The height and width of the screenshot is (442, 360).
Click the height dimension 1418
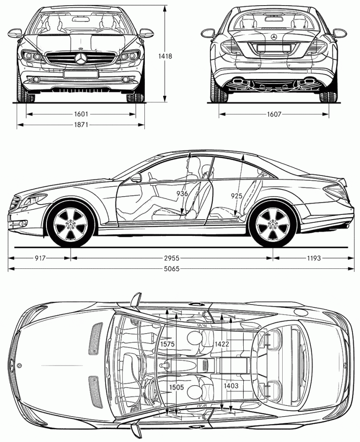point(165,56)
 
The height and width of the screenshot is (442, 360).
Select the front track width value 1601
point(81,114)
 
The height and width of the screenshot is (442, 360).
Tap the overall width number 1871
point(81,125)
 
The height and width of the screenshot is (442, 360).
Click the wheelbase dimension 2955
point(172,258)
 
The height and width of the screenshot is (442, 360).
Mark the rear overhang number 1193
point(314,258)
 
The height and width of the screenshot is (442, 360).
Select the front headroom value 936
point(182,193)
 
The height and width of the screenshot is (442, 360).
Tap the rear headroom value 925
point(237,196)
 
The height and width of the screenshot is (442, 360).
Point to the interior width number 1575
point(167,344)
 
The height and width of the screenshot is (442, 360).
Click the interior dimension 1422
point(222,344)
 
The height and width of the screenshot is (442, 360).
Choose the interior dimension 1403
point(231,386)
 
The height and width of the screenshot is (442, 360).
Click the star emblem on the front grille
point(81,59)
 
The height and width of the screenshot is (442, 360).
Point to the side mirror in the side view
point(136,178)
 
